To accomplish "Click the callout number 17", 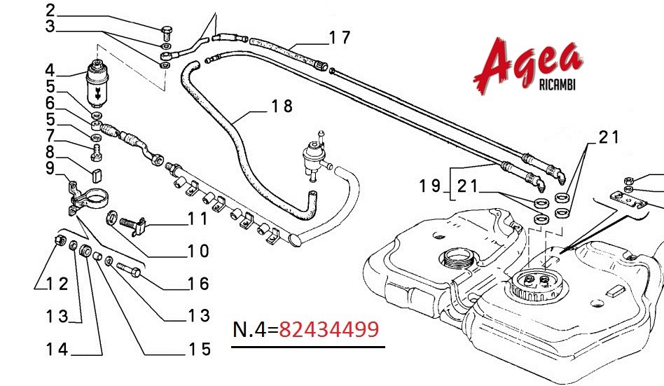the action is pos(340,38).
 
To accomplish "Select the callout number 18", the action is pos(282,106).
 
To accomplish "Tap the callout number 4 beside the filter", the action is pos(50,70).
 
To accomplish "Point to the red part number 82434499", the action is pos(328,329).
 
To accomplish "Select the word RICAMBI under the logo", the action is pos(558,85).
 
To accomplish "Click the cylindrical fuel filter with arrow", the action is pos(97,84).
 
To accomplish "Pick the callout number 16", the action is pos(198,284).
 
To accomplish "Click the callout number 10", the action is pos(198,251).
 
